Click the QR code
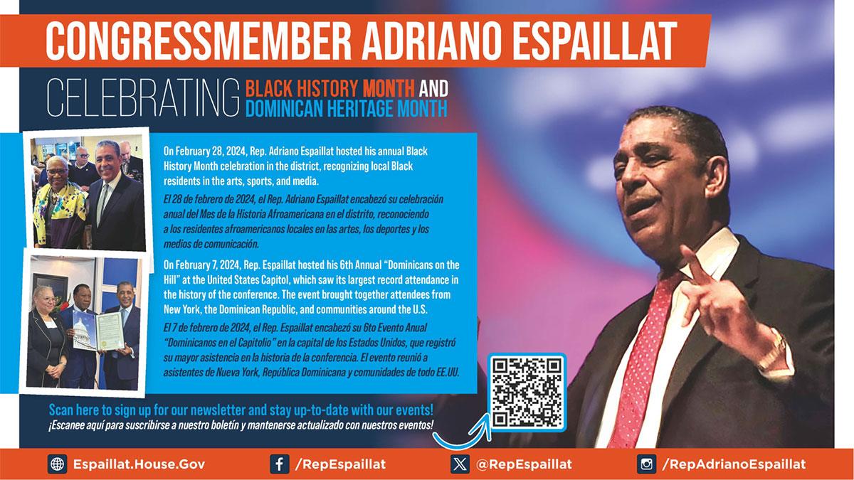[x=527, y=393]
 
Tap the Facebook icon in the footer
[x=279, y=464]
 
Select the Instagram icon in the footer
[x=647, y=464]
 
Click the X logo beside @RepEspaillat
[x=460, y=464]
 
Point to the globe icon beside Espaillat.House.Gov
[x=57, y=464]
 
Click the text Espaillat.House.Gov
[x=139, y=464]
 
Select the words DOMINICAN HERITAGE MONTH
[x=347, y=110]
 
